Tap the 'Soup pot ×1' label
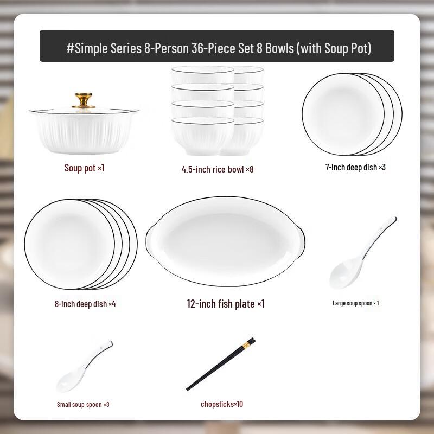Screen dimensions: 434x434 click(x=84, y=168)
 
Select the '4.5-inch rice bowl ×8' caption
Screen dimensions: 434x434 click(x=218, y=169)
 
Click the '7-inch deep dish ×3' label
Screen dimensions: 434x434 click(x=355, y=167)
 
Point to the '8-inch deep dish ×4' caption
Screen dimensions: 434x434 click(x=85, y=304)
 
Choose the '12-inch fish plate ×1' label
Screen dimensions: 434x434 click(x=226, y=304)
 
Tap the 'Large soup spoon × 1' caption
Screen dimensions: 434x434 click(x=355, y=303)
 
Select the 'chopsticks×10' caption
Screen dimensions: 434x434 click(x=222, y=404)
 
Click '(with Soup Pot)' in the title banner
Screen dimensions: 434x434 click(x=333, y=48)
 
